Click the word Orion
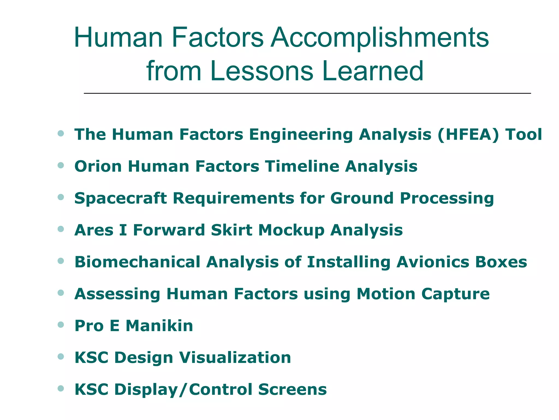98,167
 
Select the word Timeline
302,167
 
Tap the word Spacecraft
120,198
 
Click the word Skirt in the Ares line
231,230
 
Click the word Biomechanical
137,262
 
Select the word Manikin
159,326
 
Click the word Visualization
235,358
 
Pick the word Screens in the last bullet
292,390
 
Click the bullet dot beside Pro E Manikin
61,325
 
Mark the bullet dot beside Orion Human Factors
61,165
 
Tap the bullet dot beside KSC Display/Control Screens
61,389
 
